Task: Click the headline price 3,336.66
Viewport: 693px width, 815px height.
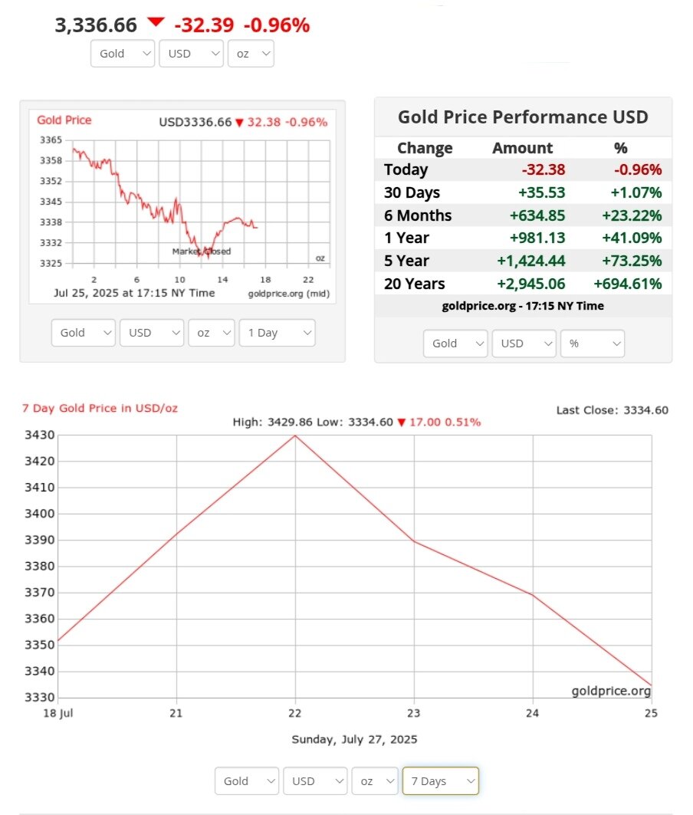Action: click(x=96, y=25)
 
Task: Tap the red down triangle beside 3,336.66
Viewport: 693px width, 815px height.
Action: click(x=156, y=22)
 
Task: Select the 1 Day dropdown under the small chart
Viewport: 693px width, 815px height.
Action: click(x=277, y=333)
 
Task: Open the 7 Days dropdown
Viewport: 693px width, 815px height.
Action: click(x=440, y=780)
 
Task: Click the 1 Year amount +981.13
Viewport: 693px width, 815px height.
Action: click(x=537, y=238)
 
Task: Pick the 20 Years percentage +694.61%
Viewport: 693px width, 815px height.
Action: click(x=627, y=284)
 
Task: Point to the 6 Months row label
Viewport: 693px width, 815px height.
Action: click(x=418, y=215)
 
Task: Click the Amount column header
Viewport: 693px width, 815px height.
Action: click(x=522, y=148)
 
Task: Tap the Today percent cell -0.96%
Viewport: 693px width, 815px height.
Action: click(x=637, y=170)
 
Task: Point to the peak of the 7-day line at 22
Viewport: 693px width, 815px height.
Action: click(x=295, y=435)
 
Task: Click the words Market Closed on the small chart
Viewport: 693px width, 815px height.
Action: click(x=201, y=251)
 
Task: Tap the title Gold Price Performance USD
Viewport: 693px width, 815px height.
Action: click(x=523, y=117)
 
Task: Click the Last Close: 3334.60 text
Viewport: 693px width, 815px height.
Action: click(x=612, y=410)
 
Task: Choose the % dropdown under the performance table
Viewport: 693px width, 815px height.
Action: click(x=593, y=343)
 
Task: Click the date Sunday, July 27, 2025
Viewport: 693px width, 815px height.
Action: click(x=354, y=740)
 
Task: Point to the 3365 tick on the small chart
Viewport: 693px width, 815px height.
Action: click(x=51, y=140)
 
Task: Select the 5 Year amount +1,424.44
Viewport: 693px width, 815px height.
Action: click(x=531, y=261)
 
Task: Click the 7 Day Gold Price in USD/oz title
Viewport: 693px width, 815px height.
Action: click(x=100, y=408)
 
